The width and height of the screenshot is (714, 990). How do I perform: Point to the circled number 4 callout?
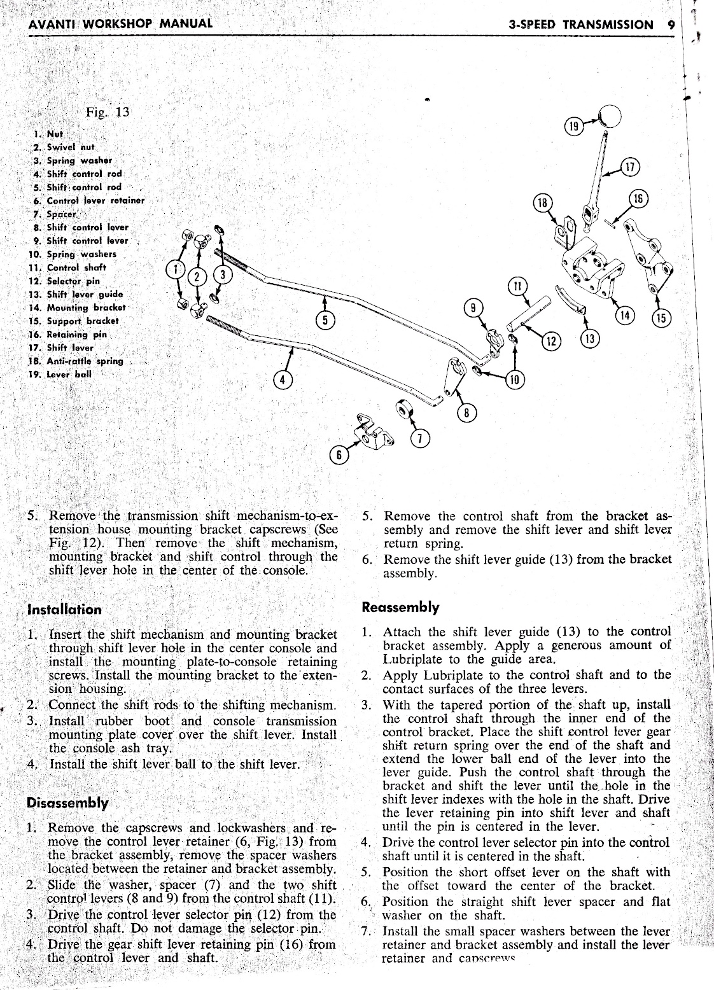[281, 380]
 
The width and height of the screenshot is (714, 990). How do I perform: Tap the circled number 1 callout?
[175, 270]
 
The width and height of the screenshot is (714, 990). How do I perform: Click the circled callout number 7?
[421, 438]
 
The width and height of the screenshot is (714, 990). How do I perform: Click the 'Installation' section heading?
[64, 609]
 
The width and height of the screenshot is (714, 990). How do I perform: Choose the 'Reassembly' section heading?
[400, 607]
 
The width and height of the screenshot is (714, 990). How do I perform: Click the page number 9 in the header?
[671, 25]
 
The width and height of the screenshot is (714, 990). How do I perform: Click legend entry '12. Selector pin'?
[64, 281]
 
